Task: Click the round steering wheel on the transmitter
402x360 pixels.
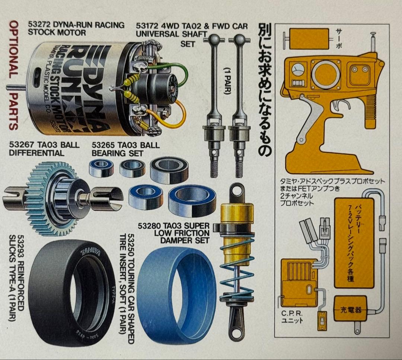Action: [325, 73]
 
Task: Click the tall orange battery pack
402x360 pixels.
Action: [353, 242]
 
